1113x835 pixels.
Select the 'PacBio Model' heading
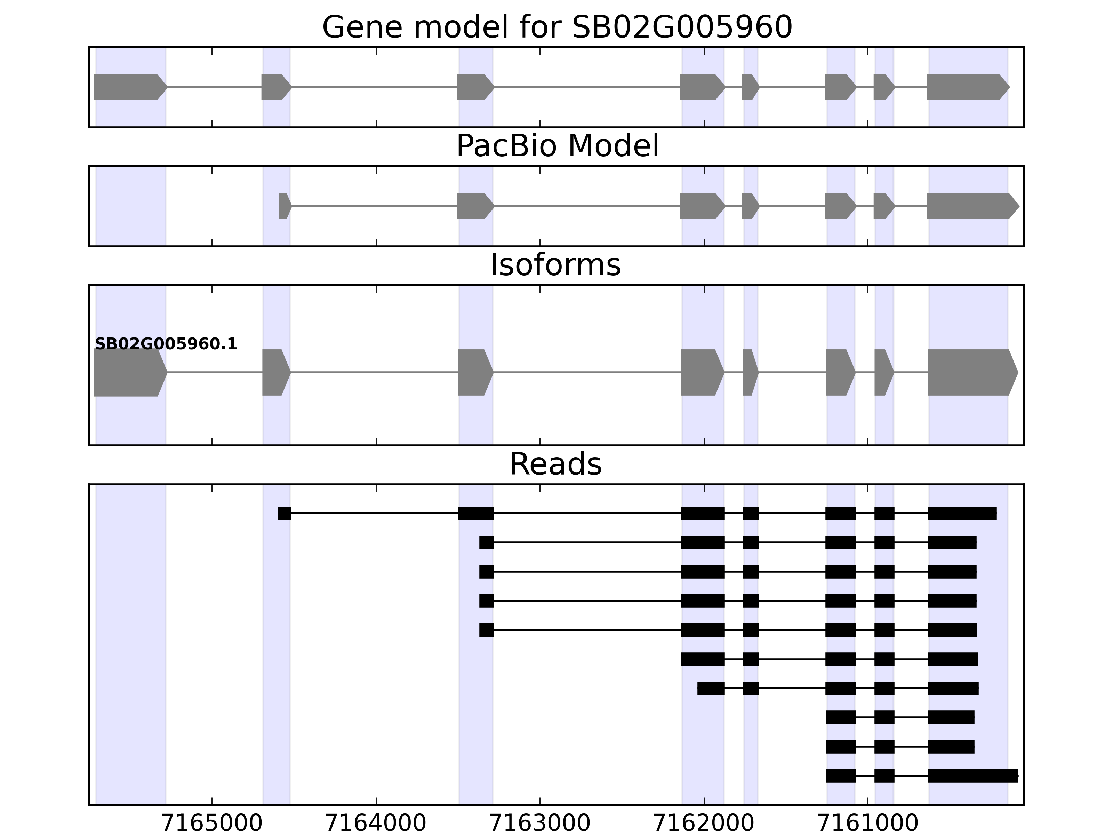(x=557, y=146)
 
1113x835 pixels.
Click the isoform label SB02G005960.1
(x=166, y=344)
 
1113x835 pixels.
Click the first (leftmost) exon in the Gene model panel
(x=129, y=87)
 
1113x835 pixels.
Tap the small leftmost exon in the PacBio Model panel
(x=284, y=206)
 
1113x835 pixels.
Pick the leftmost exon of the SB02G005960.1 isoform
(x=129, y=373)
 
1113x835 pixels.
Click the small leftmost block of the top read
(x=284, y=514)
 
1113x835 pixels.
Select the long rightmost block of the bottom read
(x=972, y=776)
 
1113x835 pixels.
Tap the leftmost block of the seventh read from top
(x=711, y=688)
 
